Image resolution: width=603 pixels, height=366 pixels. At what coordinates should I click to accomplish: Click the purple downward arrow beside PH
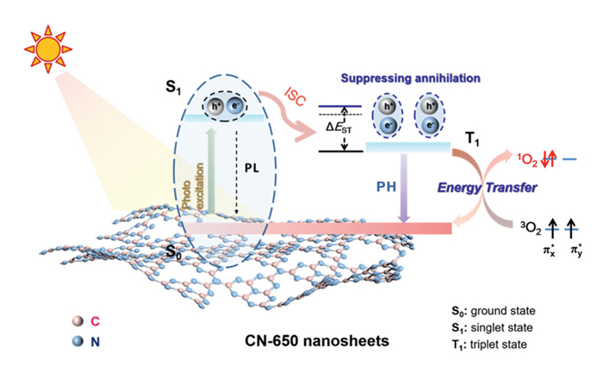(x=401, y=189)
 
